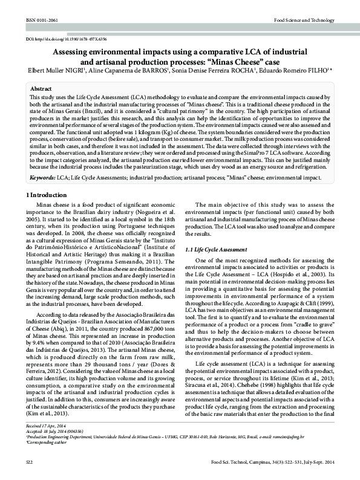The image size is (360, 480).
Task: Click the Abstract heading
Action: (x=41, y=88)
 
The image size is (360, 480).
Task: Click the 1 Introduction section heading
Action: (x=50, y=195)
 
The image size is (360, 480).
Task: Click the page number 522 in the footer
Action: (x=30, y=462)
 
